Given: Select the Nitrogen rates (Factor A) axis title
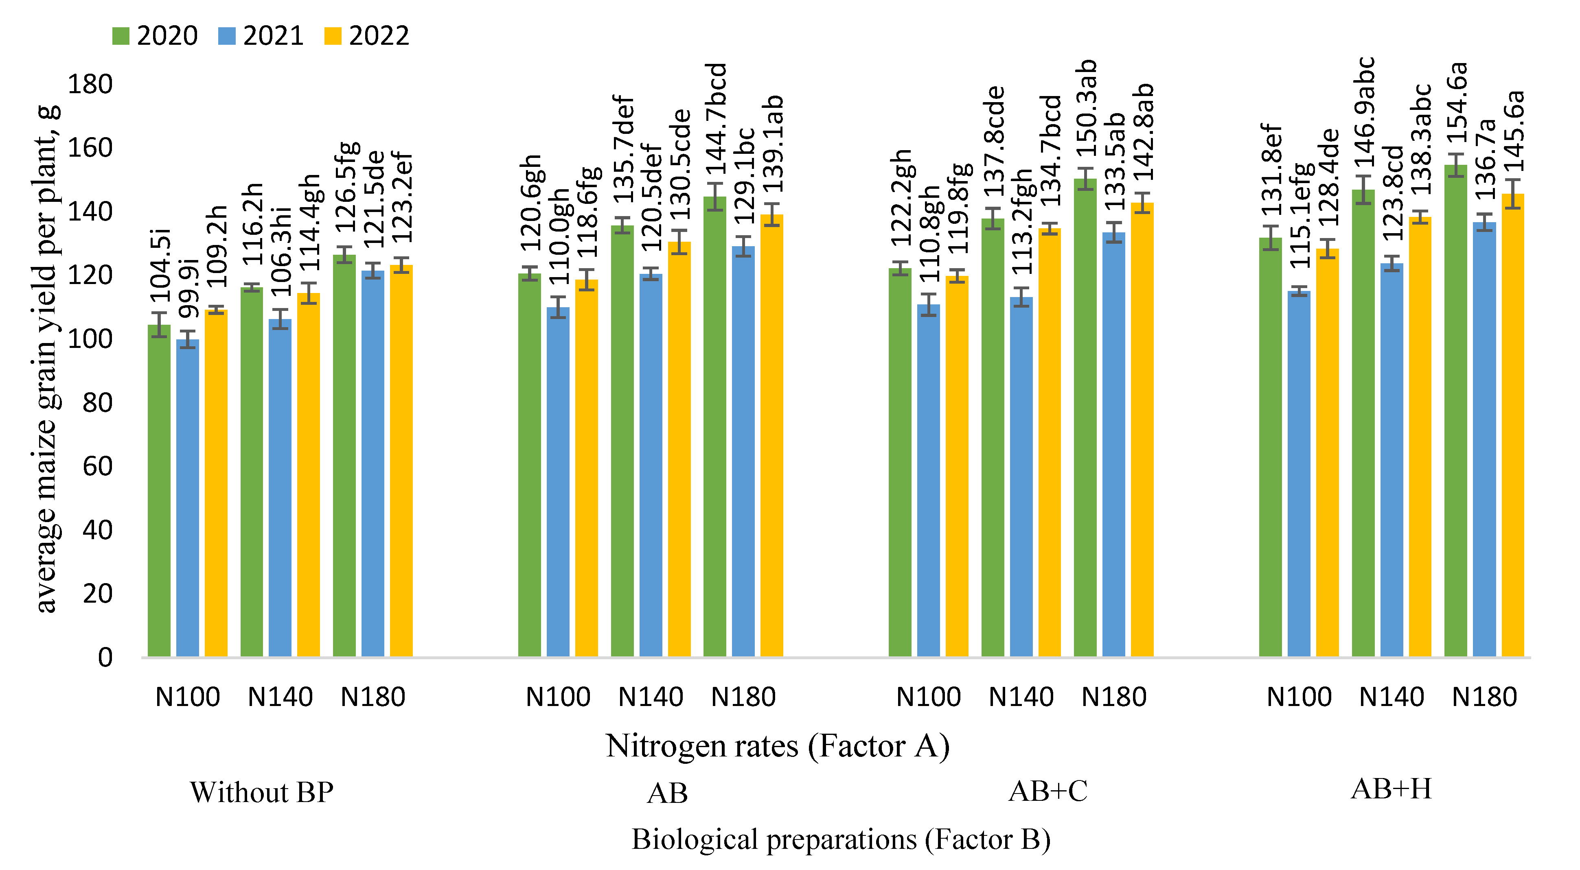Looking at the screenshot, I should pos(777,746).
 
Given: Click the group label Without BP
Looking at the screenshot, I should pos(261,792).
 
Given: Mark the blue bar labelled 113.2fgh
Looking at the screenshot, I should pos(1021,478).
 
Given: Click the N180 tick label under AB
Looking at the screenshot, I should pos(743,697).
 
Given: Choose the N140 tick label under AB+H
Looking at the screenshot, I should pos(1391,697).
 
